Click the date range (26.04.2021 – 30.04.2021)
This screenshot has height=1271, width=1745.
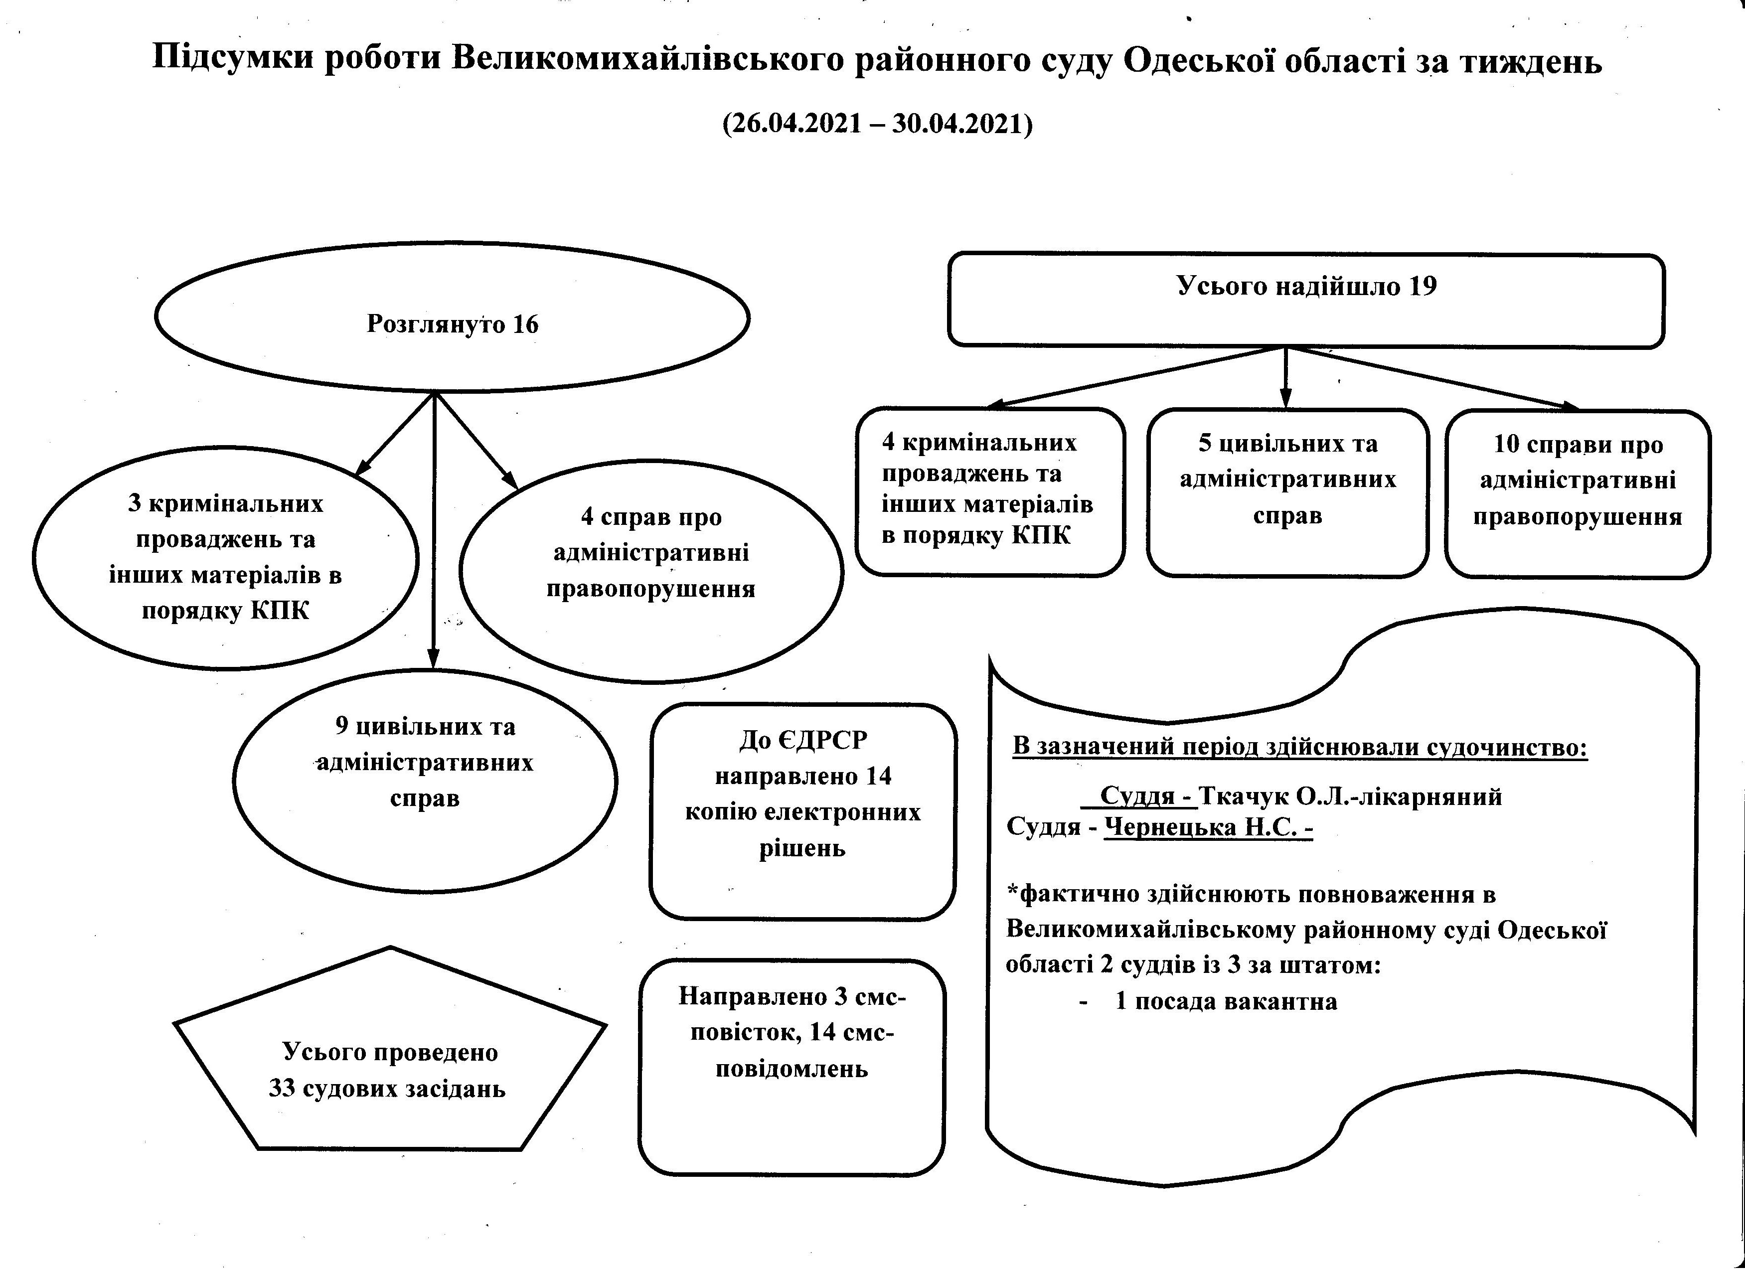point(877,123)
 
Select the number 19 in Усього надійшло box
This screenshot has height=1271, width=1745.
point(1423,286)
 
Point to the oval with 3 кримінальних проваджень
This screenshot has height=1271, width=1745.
point(225,558)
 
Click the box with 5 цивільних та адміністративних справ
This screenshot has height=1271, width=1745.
point(1288,493)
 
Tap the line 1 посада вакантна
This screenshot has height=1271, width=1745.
point(1227,1002)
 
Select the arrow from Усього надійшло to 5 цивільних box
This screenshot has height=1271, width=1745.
point(1285,377)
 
